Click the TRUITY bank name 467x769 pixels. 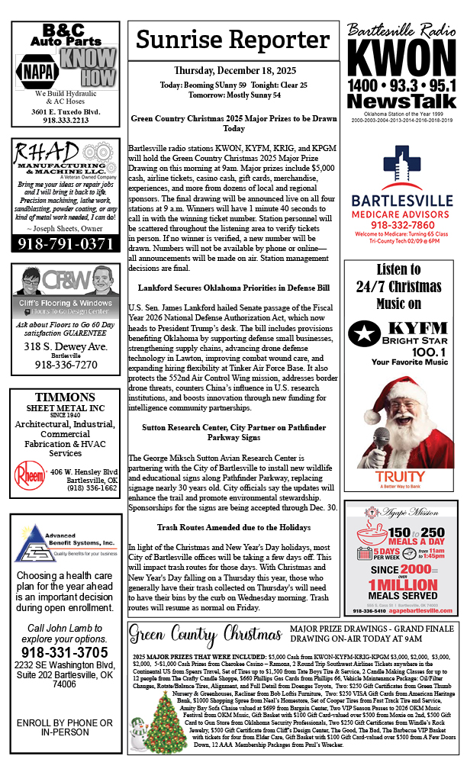tap(401, 477)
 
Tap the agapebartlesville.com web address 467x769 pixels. tap(418, 611)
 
